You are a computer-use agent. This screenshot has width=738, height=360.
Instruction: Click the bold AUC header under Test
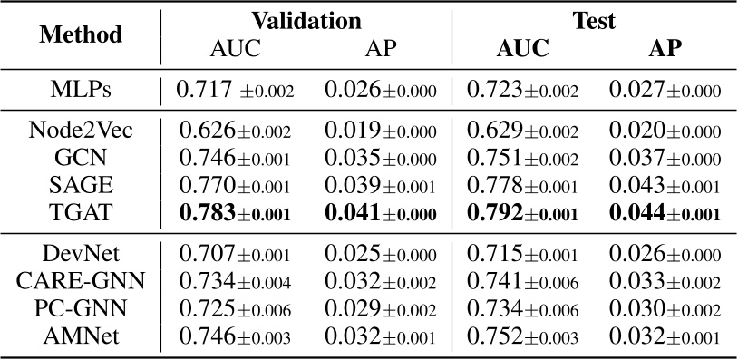[522, 48]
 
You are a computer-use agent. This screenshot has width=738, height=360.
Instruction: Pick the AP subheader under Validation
[381, 48]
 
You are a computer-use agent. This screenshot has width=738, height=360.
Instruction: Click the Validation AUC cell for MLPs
[235, 91]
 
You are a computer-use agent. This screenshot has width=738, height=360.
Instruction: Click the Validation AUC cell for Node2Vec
[235, 131]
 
